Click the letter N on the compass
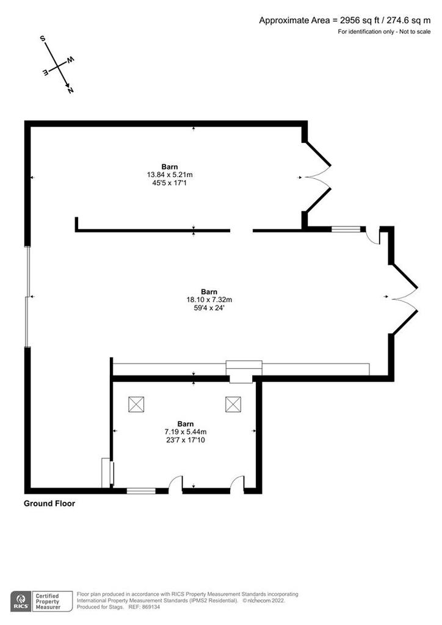click(x=71, y=90)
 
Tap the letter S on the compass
click(x=43, y=38)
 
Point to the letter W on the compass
click(x=71, y=60)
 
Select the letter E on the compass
click(x=46, y=72)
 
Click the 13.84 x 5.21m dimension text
click(x=170, y=175)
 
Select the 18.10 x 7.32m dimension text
click(x=209, y=300)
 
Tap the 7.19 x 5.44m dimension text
click(x=186, y=432)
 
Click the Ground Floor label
click(x=49, y=504)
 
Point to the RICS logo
click(x=21, y=601)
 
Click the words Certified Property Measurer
click(x=48, y=601)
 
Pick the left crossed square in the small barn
click(x=136, y=404)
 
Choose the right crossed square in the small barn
click(x=233, y=404)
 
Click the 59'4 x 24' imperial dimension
click(x=209, y=308)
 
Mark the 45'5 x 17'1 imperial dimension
click(x=170, y=183)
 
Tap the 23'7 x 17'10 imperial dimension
click(x=186, y=440)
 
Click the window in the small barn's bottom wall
click(x=141, y=491)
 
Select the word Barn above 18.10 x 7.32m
click(x=209, y=292)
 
